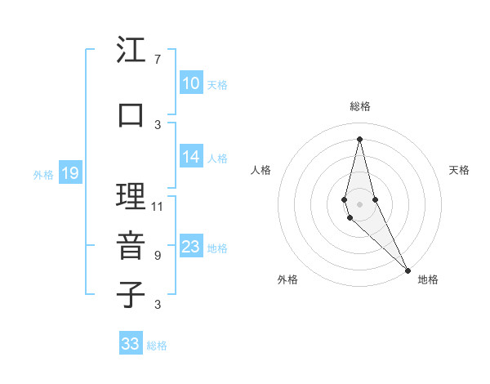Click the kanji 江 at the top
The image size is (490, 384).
click(x=130, y=51)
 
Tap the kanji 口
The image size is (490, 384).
click(x=130, y=115)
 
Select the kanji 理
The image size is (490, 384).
click(x=130, y=197)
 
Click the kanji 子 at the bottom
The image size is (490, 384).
click(x=130, y=294)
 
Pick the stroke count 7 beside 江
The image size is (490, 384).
click(x=157, y=60)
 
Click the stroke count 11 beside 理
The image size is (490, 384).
click(x=158, y=206)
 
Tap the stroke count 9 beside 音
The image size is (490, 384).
click(x=157, y=255)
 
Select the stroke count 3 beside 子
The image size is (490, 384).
click(x=157, y=305)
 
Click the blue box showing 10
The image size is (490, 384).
click(x=191, y=83)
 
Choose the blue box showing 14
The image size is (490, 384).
click(x=191, y=158)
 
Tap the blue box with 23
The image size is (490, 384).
click(x=191, y=247)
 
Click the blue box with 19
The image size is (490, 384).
click(x=69, y=173)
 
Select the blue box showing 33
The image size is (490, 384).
click(x=131, y=344)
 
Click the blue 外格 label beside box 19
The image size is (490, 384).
click(x=42, y=174)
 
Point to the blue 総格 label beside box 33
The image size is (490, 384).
click(x=157, y=346)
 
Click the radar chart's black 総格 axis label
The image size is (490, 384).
click(x=360, y=106)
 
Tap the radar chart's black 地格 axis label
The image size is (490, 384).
click(x=428, y=279)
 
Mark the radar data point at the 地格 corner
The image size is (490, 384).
click(x=408, y=269)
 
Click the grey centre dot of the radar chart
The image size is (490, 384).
click(x=360, y=203)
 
